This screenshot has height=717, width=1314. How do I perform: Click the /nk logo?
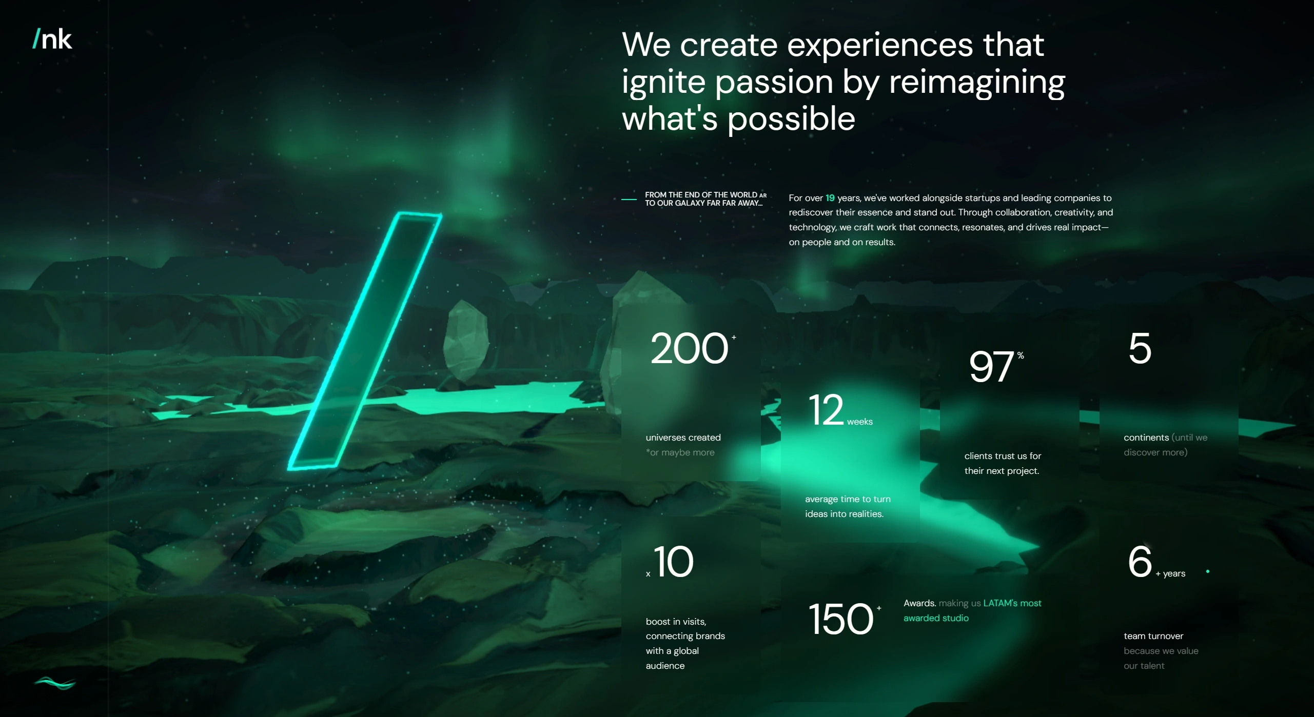click(52, 39)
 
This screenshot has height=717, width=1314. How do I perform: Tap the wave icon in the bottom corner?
click(55, 683)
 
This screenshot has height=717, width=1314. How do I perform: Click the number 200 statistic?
click(689, 349)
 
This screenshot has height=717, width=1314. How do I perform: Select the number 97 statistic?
click(991, 367)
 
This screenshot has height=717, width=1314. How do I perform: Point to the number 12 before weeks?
click(826, 410)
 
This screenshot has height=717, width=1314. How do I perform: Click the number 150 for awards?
click(840, 619)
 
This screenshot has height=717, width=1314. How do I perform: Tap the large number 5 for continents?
click(1140, 349)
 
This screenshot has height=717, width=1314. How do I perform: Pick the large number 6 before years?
click(1140, 561)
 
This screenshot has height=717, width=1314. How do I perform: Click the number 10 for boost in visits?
click(674, 562)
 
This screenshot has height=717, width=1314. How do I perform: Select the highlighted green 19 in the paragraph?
click(830, 198)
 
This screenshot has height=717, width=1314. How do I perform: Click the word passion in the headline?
click(774, 83)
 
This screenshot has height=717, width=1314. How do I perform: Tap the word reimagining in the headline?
click(977, 83)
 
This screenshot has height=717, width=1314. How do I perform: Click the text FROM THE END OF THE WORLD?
click(701, 195)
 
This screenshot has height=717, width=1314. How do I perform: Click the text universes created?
click(683, 437)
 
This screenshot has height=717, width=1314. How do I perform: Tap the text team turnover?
click(1153, 636)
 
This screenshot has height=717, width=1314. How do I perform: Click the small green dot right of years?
click(1208, 571)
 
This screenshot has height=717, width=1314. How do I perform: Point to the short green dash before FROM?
click(629, 199)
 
